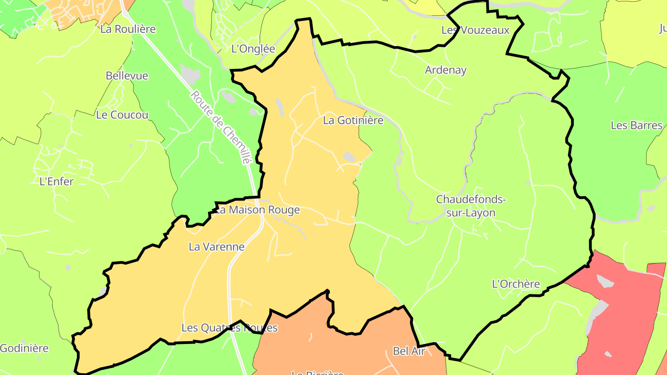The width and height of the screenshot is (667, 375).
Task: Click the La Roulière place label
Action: pyautogui.click(x=128, y=29)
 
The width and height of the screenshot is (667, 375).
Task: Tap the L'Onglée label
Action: pyautogui.click(x=253, y=49)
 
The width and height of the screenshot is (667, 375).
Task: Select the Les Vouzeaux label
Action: pyautogui.click(x=475, y=31)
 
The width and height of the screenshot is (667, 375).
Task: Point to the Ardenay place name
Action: pyautogui.click(x=446, y=70)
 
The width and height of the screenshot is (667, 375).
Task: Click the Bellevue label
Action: pyautogui.click(x=127, y=76)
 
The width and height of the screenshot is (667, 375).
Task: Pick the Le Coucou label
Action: pyautogui.click(x=122, y=115)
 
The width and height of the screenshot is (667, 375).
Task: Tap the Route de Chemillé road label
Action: pyautogui.click(x=220, y=128)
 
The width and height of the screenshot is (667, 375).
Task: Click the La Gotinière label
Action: pyautogui.click(x=353, y=120)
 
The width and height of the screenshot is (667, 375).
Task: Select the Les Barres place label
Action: pyautogui.click(x=636, y=125)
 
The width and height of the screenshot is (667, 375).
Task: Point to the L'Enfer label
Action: pyautogui.click(x=57, y=181)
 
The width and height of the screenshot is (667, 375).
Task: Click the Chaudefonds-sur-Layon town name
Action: pyautogui.click(x=471, y=206)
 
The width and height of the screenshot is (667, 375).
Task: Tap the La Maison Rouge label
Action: pyautogui.click(x=258, y=210)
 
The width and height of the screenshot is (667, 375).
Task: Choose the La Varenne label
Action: pyautogui.click(x=216, y=247)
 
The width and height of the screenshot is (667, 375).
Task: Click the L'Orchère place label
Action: pyautogui.click(x=516, y=284)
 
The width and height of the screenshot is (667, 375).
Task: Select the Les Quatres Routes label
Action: pyautogui.click(x=229, y=328)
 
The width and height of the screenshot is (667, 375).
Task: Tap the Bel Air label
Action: pyautogui.click(x=409, y=351)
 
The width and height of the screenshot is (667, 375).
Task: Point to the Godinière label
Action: pyautogui.click(x=24, y=348)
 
